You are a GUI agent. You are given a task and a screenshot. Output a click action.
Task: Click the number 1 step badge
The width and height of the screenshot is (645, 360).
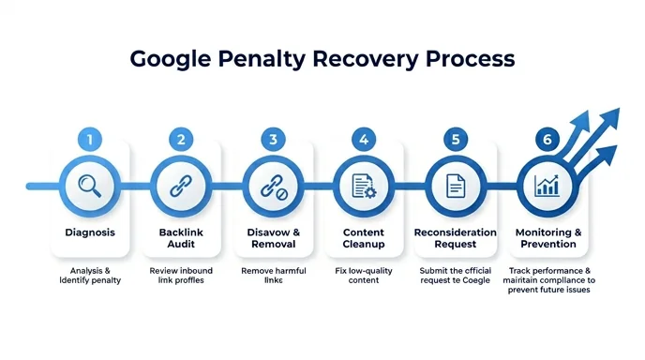tap(90, 140)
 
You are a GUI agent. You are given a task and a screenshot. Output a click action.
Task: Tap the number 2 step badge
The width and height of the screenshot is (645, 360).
tap(181, 140)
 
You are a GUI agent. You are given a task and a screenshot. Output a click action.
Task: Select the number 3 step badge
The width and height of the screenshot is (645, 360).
tap(273, 140)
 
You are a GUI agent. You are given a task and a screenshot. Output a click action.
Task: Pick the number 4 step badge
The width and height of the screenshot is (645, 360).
tap(364, 140)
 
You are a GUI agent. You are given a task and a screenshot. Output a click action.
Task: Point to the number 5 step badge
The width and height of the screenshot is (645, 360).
tap(456, 140)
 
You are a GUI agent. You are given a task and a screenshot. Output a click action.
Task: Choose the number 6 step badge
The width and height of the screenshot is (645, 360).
tap(547, 140)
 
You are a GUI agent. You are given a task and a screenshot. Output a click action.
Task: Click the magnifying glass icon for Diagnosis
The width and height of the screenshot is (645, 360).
tap(90, 185)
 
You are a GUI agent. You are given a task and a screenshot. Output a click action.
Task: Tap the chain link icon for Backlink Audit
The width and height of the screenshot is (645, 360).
tap(181, 185)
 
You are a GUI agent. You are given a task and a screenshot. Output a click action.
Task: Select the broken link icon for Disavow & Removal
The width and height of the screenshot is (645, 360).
tap(273, 185)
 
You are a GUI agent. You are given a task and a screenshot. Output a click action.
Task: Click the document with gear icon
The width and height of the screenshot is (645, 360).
tap(364, 185)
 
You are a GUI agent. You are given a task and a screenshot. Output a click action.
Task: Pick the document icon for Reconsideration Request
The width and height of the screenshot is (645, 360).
tap(456, 185)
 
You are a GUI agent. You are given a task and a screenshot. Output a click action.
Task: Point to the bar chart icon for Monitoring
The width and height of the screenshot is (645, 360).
tap(547, 185)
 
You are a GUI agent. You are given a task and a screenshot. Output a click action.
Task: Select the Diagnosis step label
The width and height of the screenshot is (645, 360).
tap(90, 232)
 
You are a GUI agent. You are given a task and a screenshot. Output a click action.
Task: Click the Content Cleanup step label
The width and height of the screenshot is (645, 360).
tap(364, 237)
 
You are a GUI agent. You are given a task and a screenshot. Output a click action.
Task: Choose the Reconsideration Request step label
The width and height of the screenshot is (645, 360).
tap(456, 237)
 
